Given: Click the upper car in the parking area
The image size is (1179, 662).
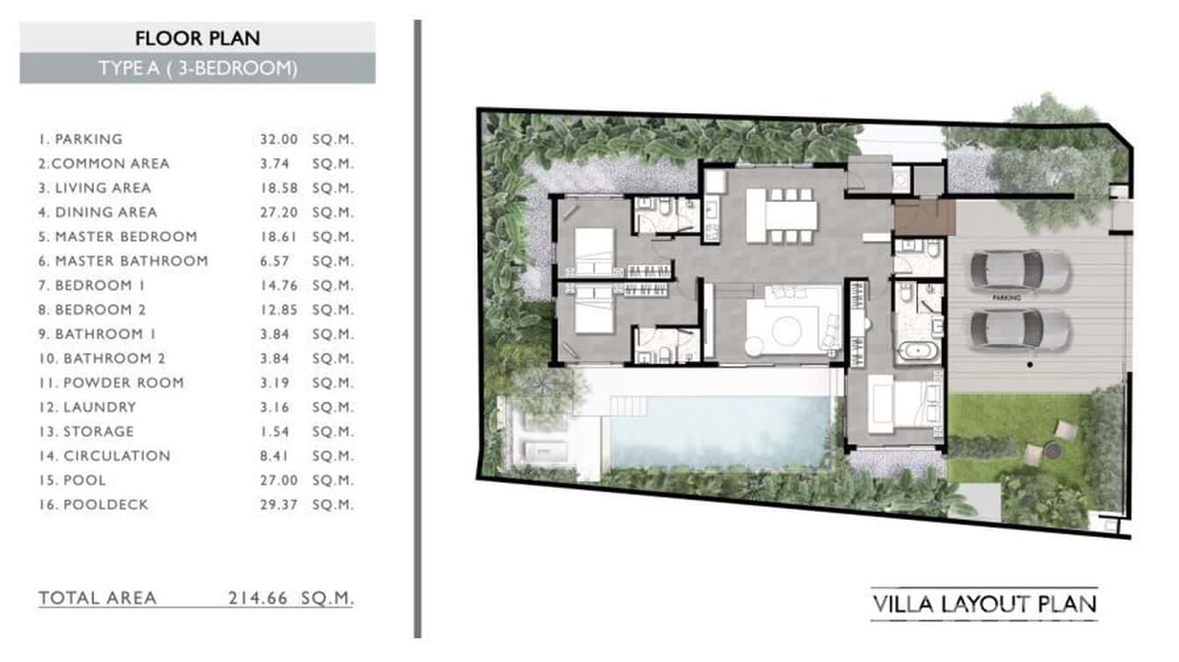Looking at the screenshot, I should pyautogui.click(x=1019, y=270).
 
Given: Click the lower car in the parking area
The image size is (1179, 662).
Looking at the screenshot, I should pyautogui.click(x=1019, y=330).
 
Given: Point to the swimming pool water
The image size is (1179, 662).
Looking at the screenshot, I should pyautogui.click(x=720, y=430).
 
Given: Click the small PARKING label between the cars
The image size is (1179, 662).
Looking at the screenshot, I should pyautogui.click(x=1006, y=299).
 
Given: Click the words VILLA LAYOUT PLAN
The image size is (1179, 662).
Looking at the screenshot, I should pyautogui.click(x=984, y=604).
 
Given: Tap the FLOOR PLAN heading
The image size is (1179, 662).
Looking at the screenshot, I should pyautogui.click(x=197, y=38).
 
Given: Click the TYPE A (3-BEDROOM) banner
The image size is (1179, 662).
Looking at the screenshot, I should pyautogui.click(x=197, y=68).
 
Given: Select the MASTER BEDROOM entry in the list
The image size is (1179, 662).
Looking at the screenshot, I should pyautogui.click(x=126, y=236).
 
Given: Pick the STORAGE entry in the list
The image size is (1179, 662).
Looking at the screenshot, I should pyautogui.click(x=98, y=431).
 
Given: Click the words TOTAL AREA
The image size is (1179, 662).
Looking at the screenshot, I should pyautogui.click(x=98, y=599).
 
